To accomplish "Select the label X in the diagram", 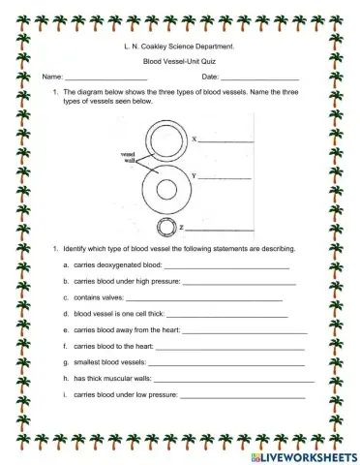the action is tap(195, 139).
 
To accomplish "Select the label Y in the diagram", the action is tap(195, 175).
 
